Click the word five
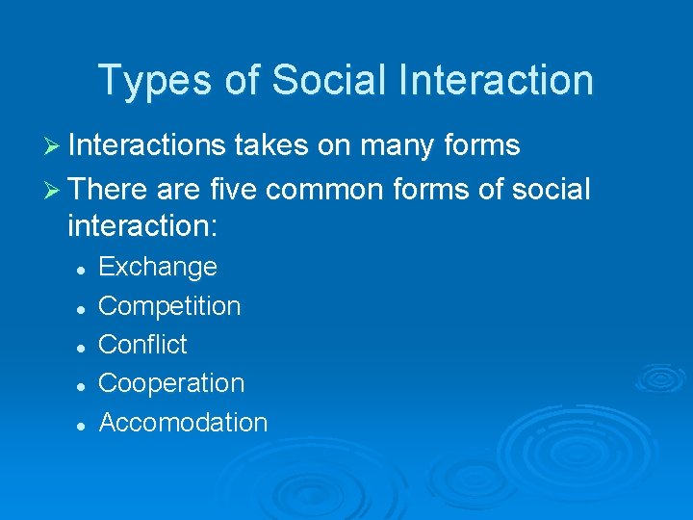[x=231, y=190]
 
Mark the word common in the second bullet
[x=325, y=190]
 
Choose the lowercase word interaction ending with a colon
[x=143, y=226]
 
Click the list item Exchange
[x=158, y=267]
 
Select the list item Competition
[x=169, y=306]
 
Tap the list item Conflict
[x=142, y=345]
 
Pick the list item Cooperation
[x=171, y=383]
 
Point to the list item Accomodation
[x=183, y=422]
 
